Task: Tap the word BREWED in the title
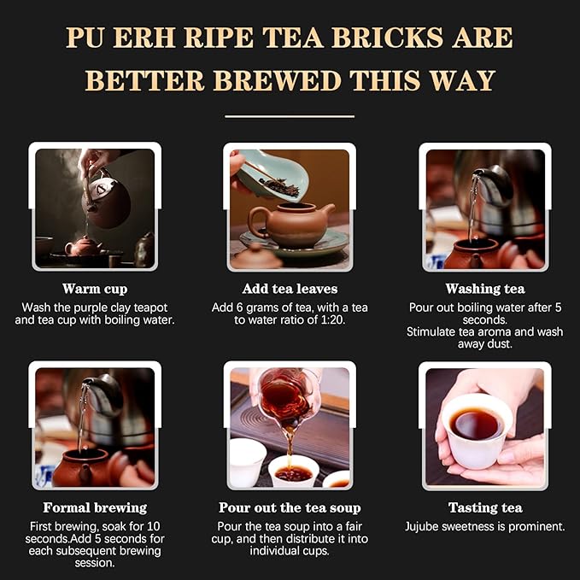click(269, 80)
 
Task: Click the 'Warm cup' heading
click(95, 289)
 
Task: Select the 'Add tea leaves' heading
click(290, 289)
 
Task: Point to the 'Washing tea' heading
click(484, 289)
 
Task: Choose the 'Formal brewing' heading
click(95, 507)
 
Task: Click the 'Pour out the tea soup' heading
click(290, 507)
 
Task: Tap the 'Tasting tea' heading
click(484, 507)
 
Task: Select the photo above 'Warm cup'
click(95, 208)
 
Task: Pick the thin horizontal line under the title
click(290, 115)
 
